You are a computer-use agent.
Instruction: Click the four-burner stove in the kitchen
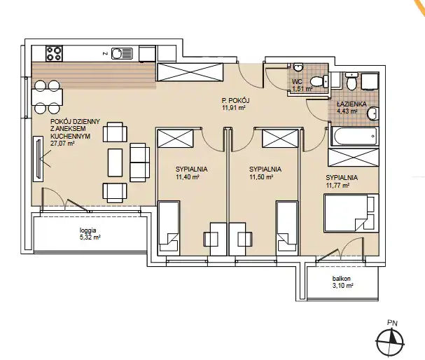54,53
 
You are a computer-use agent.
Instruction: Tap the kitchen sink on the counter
122,53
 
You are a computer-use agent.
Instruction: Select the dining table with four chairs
47,97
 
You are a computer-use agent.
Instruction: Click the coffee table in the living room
116,162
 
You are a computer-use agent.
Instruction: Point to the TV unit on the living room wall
39,158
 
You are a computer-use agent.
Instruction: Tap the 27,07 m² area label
62,144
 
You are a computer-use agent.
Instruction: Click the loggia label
88,230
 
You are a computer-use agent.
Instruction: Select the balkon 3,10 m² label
342,282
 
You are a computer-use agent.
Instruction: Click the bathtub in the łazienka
355,137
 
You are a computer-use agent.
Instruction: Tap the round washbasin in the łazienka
373,113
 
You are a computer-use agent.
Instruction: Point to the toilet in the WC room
319,81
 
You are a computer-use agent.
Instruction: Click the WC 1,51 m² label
302,85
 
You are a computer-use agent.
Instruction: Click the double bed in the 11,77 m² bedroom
351,213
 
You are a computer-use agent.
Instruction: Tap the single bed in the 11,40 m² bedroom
169,228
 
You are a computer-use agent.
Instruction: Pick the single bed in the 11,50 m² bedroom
287,228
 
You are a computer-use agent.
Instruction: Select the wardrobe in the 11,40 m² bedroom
175,138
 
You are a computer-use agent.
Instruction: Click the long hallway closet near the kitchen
190,72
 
